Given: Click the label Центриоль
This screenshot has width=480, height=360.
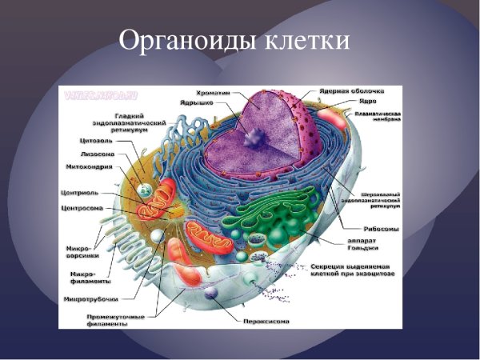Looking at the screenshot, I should tap(79, 193).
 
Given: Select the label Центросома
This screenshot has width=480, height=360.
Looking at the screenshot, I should tap(80, 208).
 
